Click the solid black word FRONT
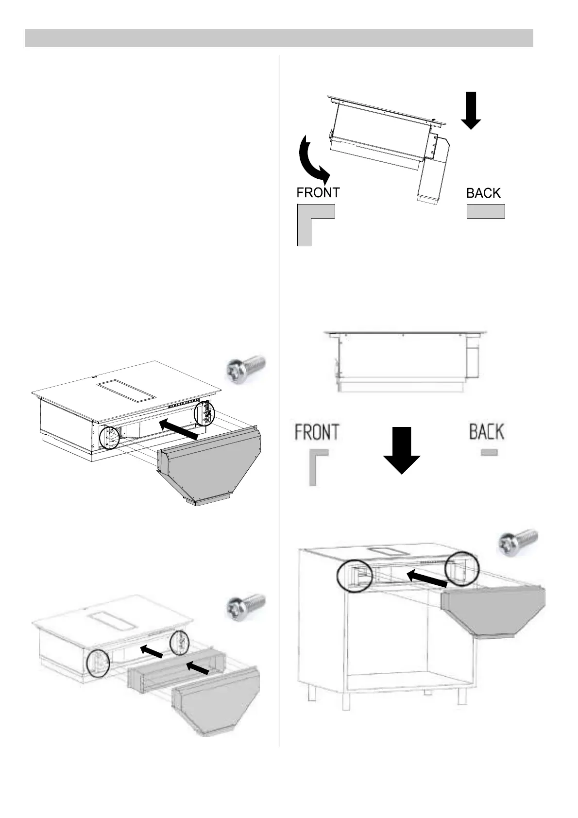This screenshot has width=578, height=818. click(318, 192)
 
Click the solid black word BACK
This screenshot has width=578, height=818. click(483, 193)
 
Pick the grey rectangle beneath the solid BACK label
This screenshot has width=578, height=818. click(485, 211)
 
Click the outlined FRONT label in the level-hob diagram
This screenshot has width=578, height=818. click(317, 431)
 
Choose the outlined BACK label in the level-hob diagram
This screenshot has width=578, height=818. click(486, 431)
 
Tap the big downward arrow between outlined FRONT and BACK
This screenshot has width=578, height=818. click(402, 450)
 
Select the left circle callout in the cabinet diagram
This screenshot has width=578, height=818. click(355, 576)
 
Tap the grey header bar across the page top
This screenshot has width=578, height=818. click(279, 38)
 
